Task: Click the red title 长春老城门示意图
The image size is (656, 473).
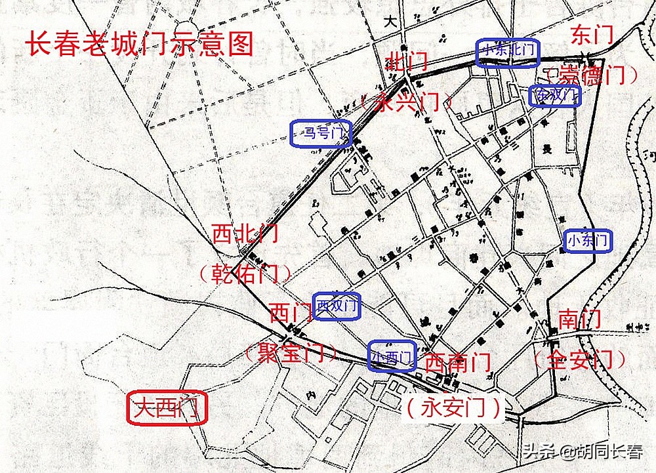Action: (x=140, y=44)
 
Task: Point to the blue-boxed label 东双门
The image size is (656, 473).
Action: (x=555, y=96)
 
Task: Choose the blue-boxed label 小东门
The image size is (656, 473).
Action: (x=588, y=241)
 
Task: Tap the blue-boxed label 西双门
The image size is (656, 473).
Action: (x=337, y=306)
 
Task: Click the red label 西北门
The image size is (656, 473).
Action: (x=245, y=234)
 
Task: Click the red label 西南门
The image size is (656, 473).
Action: (x=457, y=361)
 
